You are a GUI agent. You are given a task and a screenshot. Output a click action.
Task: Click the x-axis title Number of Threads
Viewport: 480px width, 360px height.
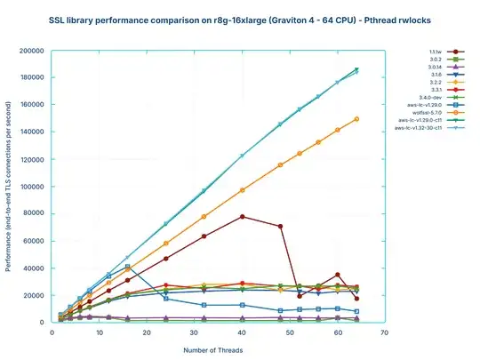[213, 349]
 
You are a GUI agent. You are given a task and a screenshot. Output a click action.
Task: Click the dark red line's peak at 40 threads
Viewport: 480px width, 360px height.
[242, 217]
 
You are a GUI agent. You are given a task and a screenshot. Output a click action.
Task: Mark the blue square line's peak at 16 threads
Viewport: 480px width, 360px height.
[128, 267]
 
